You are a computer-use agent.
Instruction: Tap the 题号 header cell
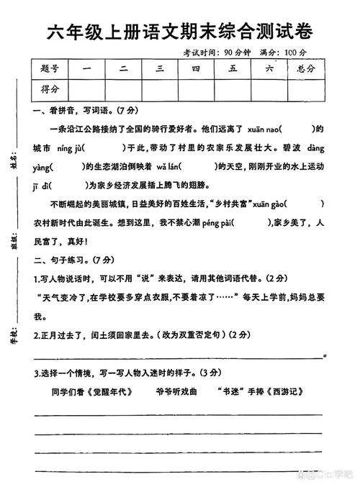[x=50, y=70]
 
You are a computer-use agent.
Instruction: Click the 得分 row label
[x=50, y=89]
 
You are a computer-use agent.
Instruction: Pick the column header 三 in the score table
[x=160, y=70]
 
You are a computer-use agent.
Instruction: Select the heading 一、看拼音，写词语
[x=79, y=111]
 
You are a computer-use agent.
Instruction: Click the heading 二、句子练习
[x=72, y=260]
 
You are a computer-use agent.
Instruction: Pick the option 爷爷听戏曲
[x=175, y=392]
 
